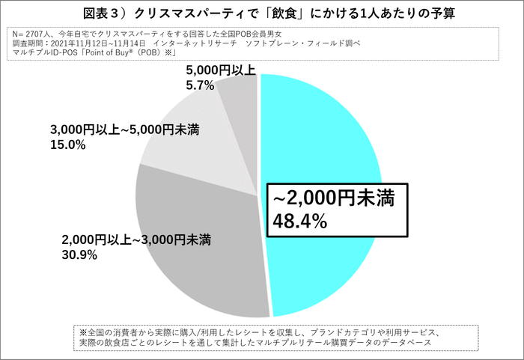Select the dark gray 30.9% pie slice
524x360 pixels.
click(x=202, y=247)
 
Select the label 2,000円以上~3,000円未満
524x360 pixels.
click(x=135, y=241)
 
